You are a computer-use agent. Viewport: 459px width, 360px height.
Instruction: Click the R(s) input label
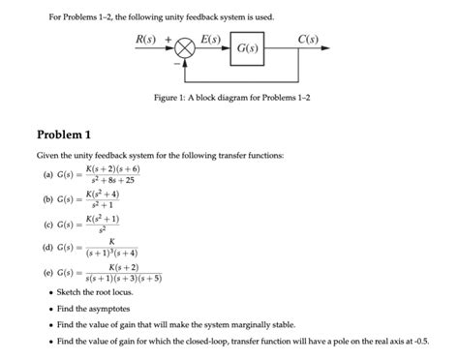(146, 38)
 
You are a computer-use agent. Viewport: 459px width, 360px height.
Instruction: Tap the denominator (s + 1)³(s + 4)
(113, 255)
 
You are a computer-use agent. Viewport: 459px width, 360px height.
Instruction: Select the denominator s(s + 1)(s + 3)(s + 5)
(122, 279)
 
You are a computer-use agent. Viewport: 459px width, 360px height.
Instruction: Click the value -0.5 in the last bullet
(424, 342)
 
